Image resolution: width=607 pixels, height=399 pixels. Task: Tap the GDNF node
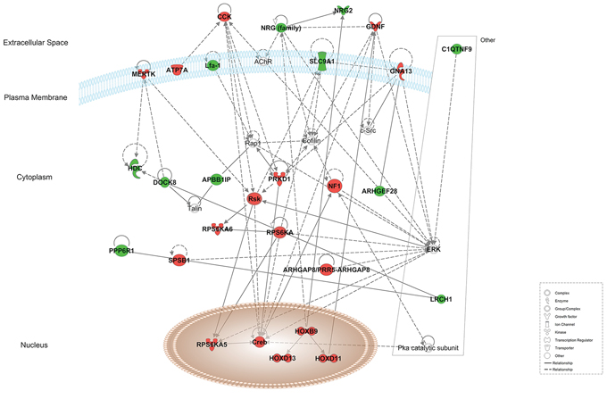coord(375,27)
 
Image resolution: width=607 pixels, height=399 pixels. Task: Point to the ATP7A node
coord(178,70)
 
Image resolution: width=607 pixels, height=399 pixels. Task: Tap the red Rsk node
coord(254,198)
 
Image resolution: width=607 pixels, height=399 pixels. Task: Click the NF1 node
coord(336,187)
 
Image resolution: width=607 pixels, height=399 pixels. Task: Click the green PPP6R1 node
coord(121,252)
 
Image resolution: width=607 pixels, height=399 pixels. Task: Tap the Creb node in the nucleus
coord(260,341)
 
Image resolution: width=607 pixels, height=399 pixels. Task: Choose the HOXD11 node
coord(328,359)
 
